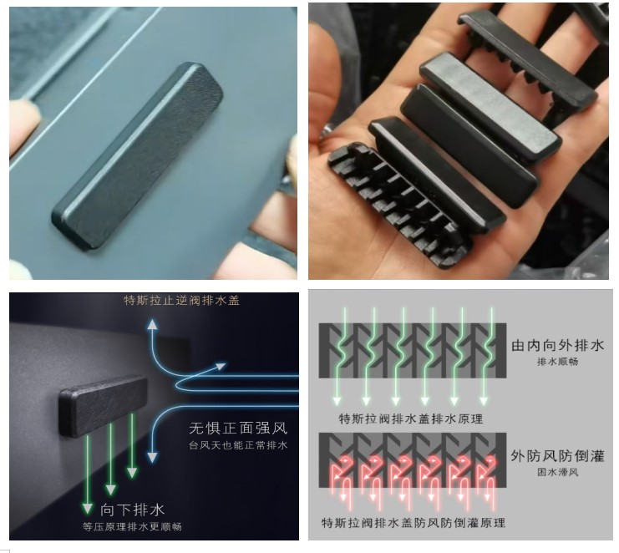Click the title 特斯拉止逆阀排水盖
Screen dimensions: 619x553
[181, 301]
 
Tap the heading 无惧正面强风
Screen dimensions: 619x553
[238, 429]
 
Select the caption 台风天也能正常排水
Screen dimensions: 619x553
[238, 445]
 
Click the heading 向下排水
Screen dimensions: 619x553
[132, 510]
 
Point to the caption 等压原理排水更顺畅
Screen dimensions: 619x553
[132, 526]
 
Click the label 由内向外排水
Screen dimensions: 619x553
[557, 345]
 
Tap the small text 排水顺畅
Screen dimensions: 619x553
[557, 362]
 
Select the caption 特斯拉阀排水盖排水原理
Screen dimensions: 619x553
[410, 419]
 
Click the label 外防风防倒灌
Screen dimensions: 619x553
[557, 456]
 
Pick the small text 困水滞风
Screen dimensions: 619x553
[557, 472]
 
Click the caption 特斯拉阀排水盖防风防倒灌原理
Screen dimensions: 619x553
[414, 523]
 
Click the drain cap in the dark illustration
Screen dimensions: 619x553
[103, 405]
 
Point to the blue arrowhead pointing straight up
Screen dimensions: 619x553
[152, 324]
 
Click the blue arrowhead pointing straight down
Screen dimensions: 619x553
[152, 457]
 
